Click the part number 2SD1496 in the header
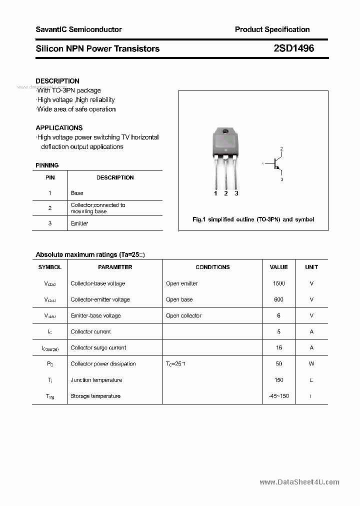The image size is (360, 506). click(x=294, y=48)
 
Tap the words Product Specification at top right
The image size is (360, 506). click(x=272, y=29)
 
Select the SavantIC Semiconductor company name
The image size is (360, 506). click(x=78, y=29)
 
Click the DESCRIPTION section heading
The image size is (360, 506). click(x=57, y=81)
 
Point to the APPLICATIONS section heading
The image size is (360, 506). click(x=59, y=127)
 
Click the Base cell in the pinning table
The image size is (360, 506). click(x=77, y=193)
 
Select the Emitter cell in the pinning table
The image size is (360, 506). click(x=79, y=223)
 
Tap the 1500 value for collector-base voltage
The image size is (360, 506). click(x=278, y=283)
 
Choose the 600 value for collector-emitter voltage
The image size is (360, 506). click(x=278, y=299)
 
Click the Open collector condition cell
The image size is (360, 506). click(x=183, y=315)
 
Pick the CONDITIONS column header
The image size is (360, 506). click(x=212, y=267)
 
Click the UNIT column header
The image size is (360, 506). click(x=311, y=267)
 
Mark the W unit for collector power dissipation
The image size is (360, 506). click(x=311, y=363)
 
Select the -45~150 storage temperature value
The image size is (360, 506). click(x=278, y=396)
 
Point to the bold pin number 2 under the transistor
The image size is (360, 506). click(x=226, y=193)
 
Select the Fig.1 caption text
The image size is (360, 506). click(x=253, y=219)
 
